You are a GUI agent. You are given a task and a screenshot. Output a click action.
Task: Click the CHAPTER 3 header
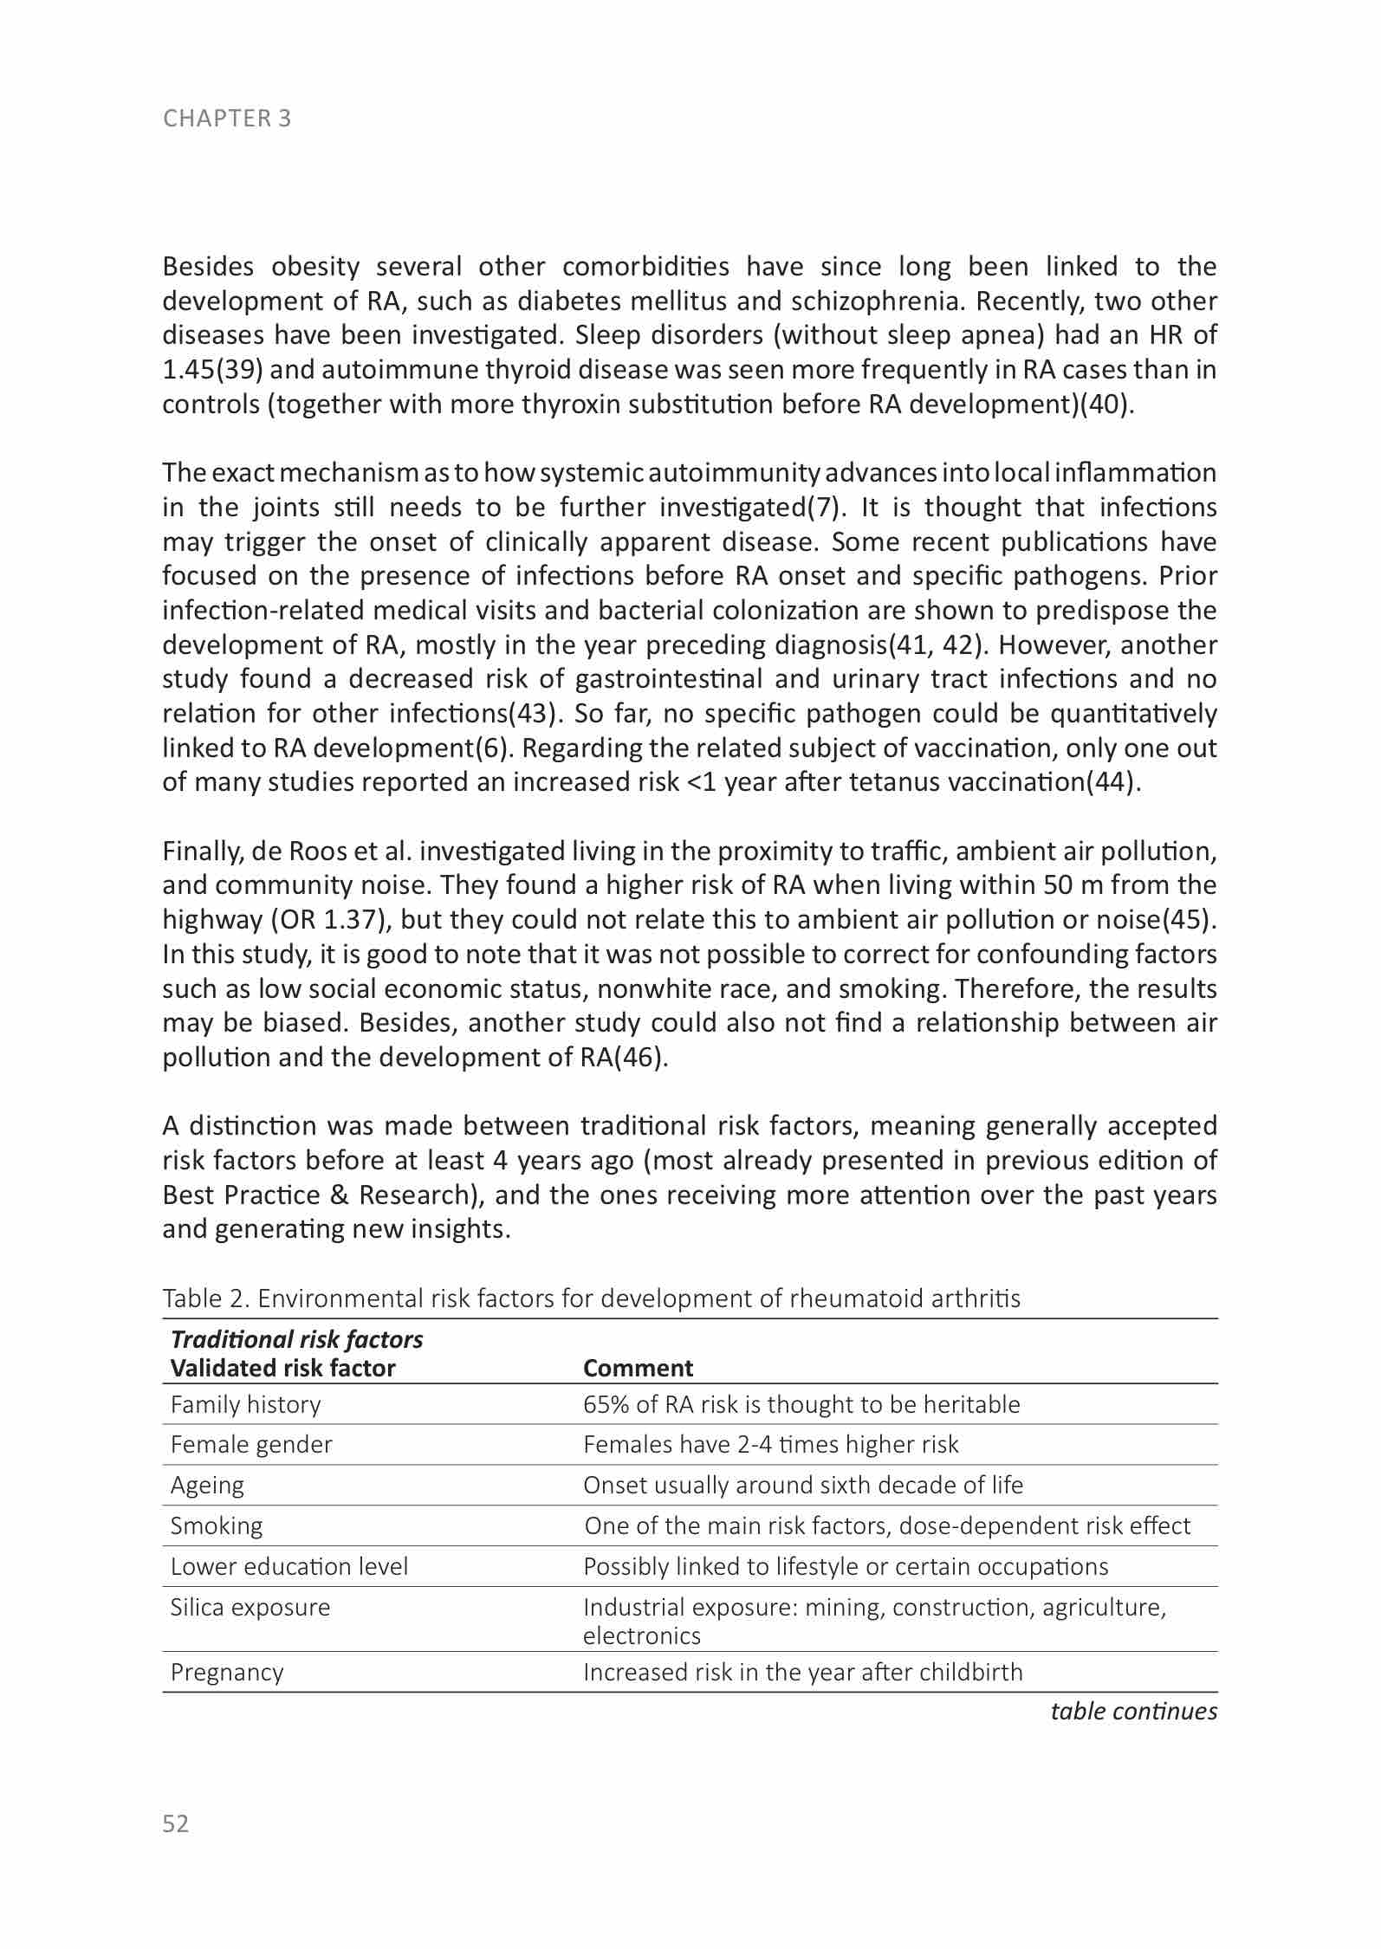[x=227, y=119]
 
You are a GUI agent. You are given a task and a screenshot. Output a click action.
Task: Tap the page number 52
[x=175, y=1823]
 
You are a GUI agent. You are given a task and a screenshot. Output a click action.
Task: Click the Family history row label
[x=245, y=1404]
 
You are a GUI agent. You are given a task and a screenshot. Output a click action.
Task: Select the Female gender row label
[x=251, y=1445]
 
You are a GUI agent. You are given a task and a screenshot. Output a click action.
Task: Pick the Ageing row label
[x=207, y=1486]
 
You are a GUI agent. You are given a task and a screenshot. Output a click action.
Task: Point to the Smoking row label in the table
[x=217, y=1526]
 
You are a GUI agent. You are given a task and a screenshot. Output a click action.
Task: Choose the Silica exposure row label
[x=250, y=1608]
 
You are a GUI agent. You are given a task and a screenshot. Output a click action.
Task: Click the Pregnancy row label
[x=227, y=1672]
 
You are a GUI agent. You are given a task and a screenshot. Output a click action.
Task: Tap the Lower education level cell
[x=289, y=1567]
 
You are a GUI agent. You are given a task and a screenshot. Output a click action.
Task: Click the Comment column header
[x=638, y=1369]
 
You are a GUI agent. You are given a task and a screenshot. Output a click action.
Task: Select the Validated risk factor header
[x=282, y=1369]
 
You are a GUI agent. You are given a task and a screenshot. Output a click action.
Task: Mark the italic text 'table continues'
[x=1133, y=1712]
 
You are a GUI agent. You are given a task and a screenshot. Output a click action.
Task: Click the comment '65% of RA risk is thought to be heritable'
[x=801, y=1404]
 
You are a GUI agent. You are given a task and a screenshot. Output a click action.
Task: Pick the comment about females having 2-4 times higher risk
[x=771, y=1445]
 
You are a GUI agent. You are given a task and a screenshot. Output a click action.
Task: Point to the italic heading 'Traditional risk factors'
[x=297, y=1340]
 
